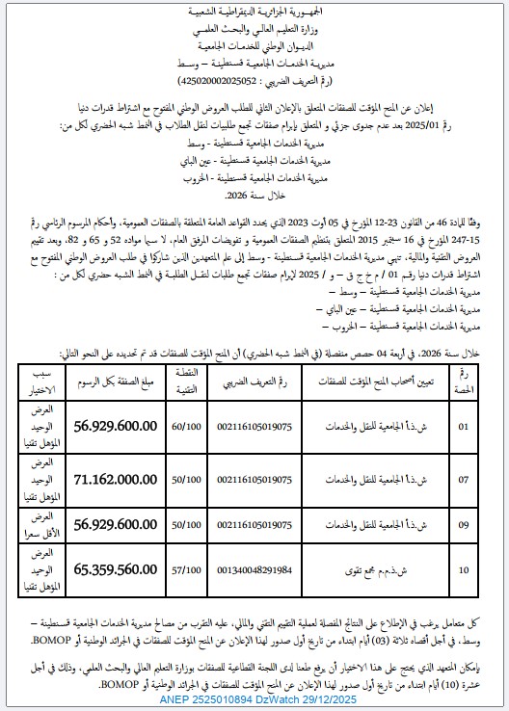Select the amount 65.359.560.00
tap(124, 569)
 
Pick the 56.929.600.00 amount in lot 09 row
tap(124, 523)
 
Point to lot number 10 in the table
tap(467, 569)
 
